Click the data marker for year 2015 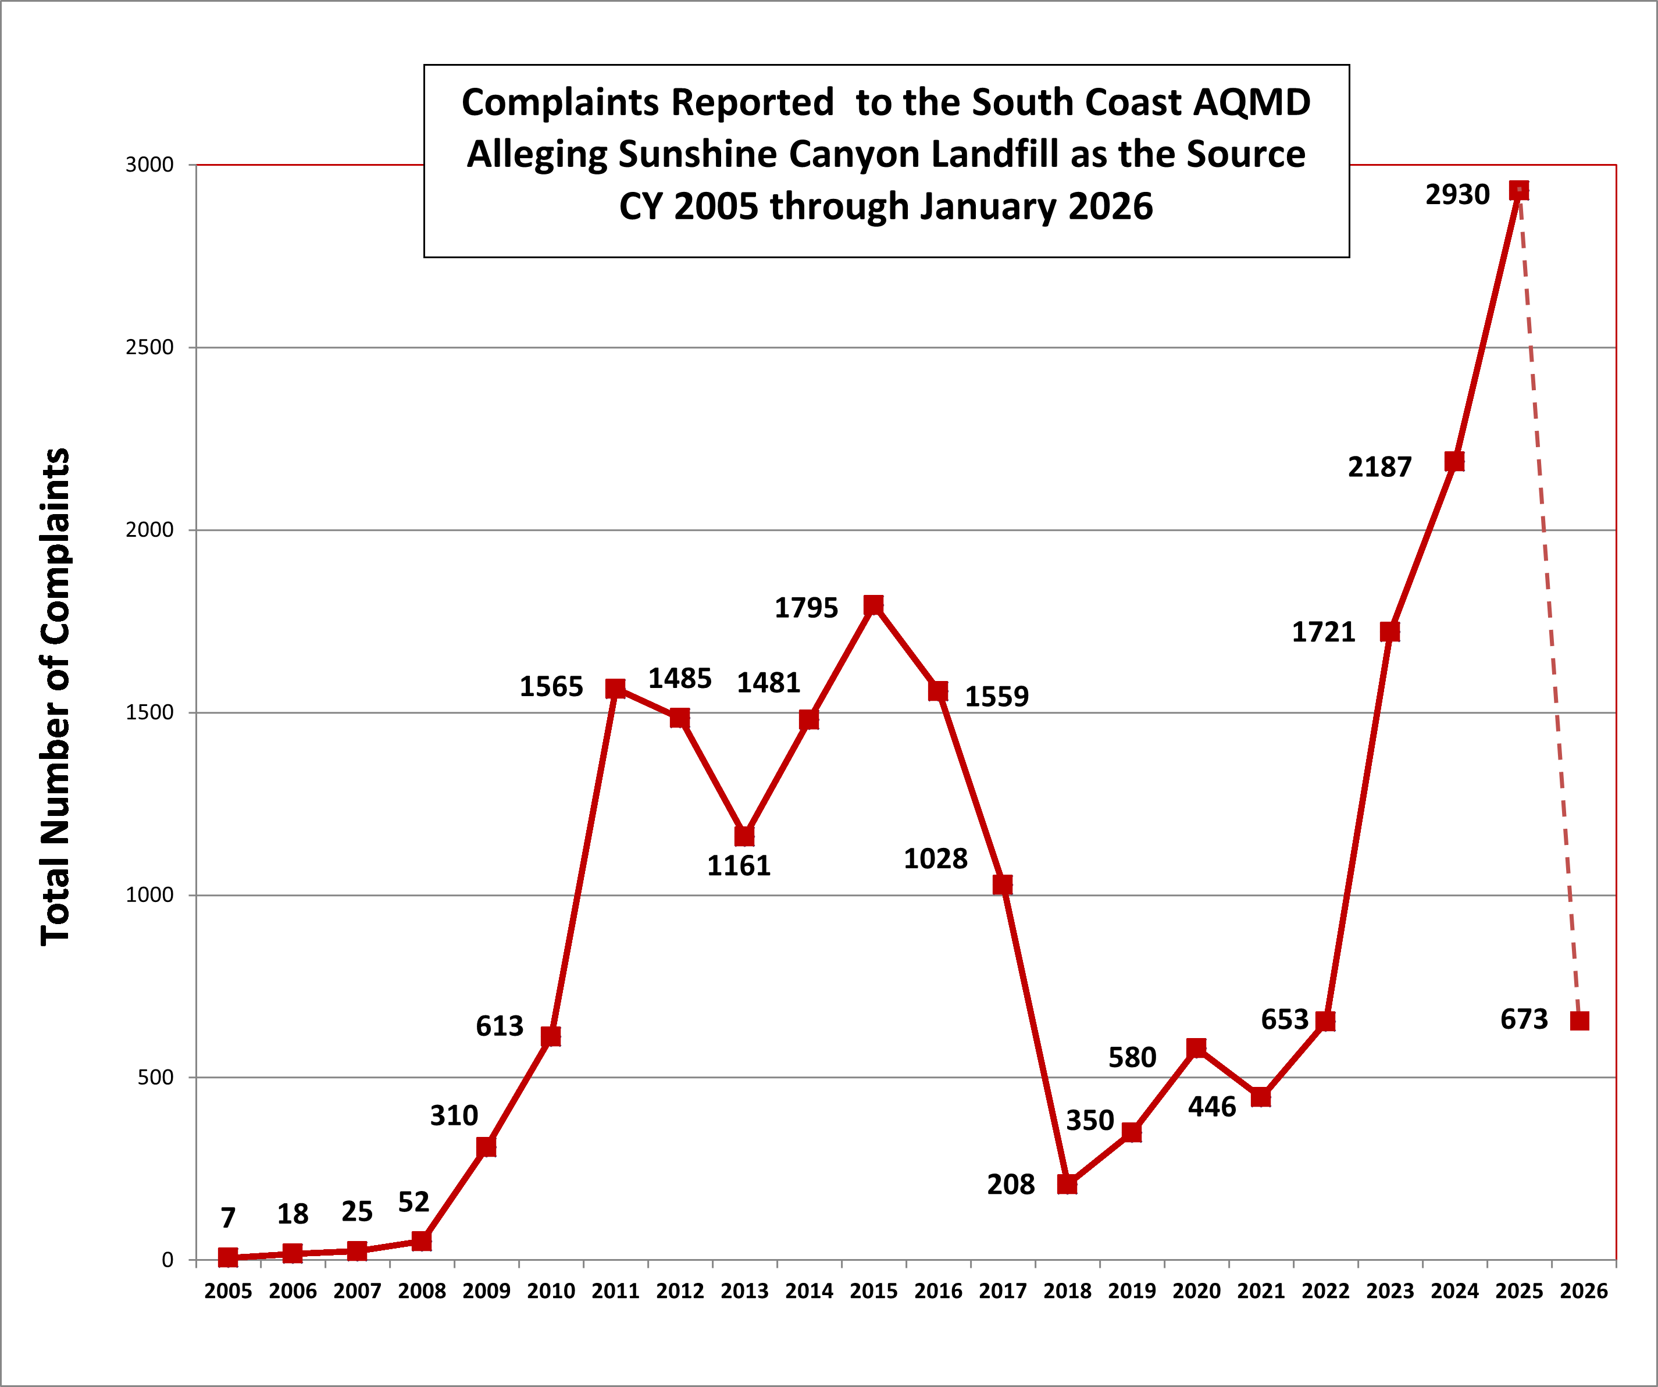[873, 605]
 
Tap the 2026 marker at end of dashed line [1579, 1021]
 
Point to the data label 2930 [1457, 194]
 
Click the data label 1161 [738, 866]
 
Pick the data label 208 [1011, 1184]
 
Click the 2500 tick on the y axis [149, 347]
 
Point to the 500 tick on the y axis [155, 1078]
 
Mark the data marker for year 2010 [550, 1036]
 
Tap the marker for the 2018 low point [1067, 1184]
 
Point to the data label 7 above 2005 [228, 1217]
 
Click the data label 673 [1524, 1019]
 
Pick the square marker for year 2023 [1389, 632]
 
